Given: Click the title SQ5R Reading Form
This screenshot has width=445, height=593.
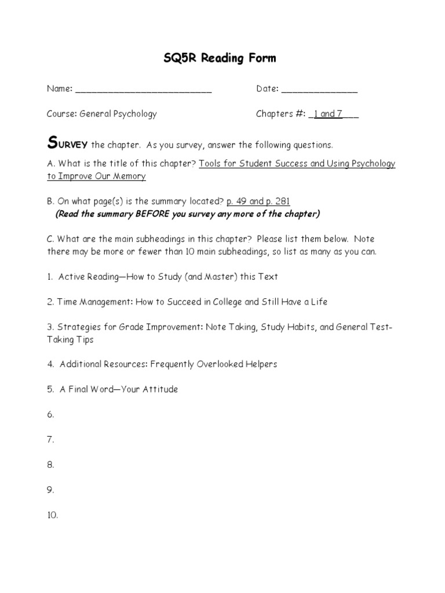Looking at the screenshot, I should [x=222, y=58].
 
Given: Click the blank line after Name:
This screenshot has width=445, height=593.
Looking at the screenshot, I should [x=143, y=90].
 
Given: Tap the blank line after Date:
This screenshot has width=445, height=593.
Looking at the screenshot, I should [x=319, y=90].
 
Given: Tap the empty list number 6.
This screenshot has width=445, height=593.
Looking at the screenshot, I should [x=50, y=415].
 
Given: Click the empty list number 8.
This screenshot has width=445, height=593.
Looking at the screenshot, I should [x=50, y=464].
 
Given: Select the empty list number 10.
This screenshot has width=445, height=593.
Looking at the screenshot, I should [x=52, y=515].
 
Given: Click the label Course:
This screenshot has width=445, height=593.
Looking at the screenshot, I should [x=61, y=114].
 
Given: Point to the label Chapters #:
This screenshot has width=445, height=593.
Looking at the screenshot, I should [x=280, y=114].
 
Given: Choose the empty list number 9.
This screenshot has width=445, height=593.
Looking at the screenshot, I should [x=50, y=490].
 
